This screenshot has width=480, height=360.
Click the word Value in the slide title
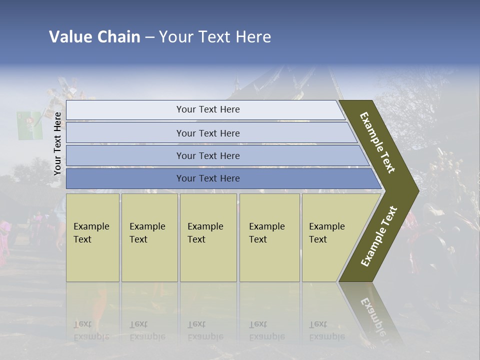pyautogui.click(x=69, y=37)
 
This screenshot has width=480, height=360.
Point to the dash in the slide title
pyautogui.click(x=149, y=37)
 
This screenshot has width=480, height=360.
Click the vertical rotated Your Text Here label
pyautogui.click(x=58, y=144)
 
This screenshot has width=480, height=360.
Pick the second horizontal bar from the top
pyautogui.click(x=207, y=133)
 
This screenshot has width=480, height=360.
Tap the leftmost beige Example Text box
pyautogui.click(x=92, y=237)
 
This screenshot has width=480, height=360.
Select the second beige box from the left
pyautogui.click(x=149, y=237)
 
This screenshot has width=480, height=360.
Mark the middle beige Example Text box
pyautogui.click(x=208, y=237)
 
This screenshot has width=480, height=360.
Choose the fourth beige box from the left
pyautogui.click(x=269, y=237)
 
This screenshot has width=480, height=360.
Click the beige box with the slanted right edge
pyautogui.click(x=330, y=237)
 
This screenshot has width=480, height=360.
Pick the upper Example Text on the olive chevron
pyautogui.click(x=377, y=142)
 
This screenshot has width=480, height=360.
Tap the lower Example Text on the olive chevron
pyautogui.click(x=378, y=236)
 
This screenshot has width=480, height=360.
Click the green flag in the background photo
pyautogui.click(x=29, y=125)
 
